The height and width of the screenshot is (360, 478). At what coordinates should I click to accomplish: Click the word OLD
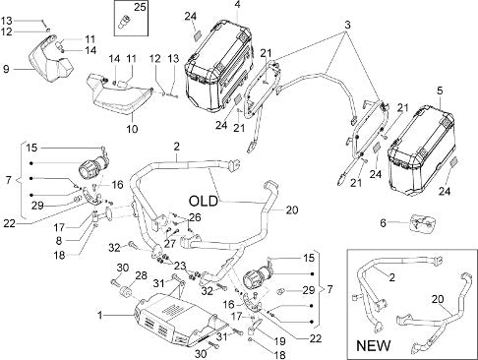coord(204,201)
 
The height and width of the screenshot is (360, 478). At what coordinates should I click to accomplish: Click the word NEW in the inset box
coord(373,345)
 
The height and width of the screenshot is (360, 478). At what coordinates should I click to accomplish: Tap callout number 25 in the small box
coord(140,7)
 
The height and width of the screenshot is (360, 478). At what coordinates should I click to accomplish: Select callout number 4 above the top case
coord(237,5)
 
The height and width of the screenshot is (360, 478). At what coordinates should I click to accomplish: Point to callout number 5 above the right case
coord(440,90)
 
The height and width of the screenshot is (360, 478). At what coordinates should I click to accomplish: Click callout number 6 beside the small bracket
coord(384,223)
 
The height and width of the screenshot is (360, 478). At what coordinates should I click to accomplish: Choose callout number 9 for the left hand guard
coord(6,69)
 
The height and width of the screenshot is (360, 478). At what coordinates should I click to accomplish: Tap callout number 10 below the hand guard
coord(132,129)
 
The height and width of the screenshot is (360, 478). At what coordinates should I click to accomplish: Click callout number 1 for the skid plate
coord(100,316)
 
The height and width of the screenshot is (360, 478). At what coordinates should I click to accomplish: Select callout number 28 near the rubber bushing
coord(141,275)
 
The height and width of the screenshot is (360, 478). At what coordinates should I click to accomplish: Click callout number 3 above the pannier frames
coord(347,25)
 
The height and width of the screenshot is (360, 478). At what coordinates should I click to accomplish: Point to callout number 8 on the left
coord(59,241)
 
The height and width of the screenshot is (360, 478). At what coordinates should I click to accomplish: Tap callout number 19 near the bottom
coord(279,341)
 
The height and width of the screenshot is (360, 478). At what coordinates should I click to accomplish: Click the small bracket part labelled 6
coord(421,223)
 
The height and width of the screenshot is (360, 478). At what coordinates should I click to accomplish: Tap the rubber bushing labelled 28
coord(125,292)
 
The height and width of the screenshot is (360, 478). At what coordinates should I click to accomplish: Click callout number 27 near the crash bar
coord(170,244)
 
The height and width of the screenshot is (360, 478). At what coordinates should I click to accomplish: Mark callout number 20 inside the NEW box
coord(439,299)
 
